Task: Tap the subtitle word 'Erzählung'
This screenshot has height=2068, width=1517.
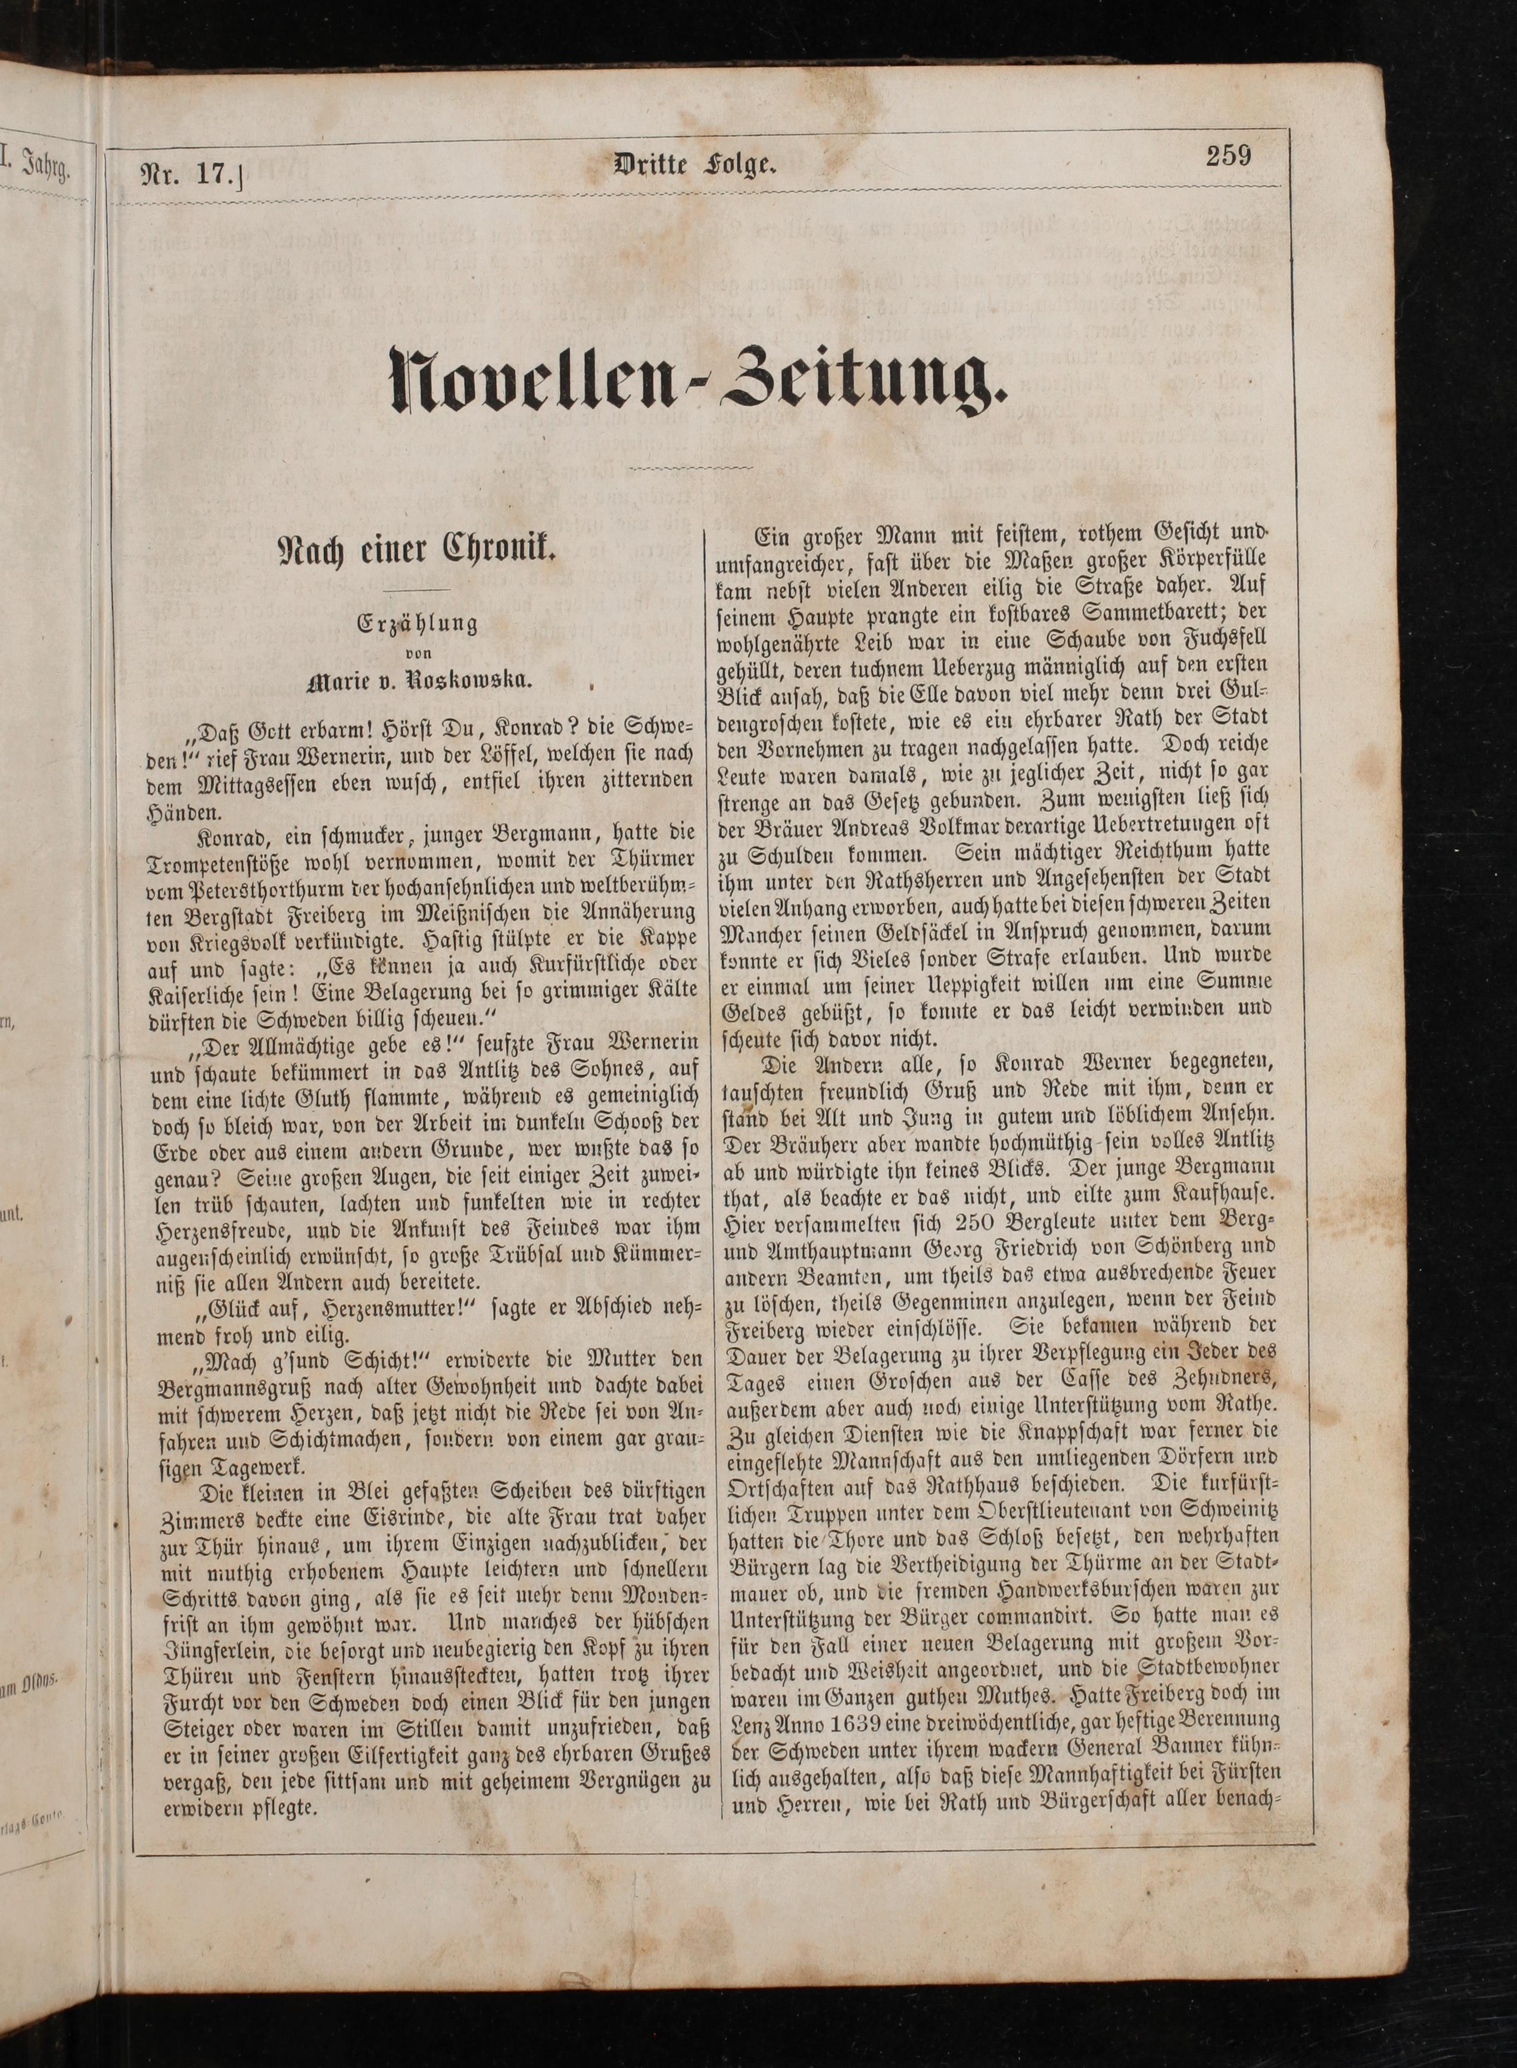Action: click(x=418, y=624)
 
